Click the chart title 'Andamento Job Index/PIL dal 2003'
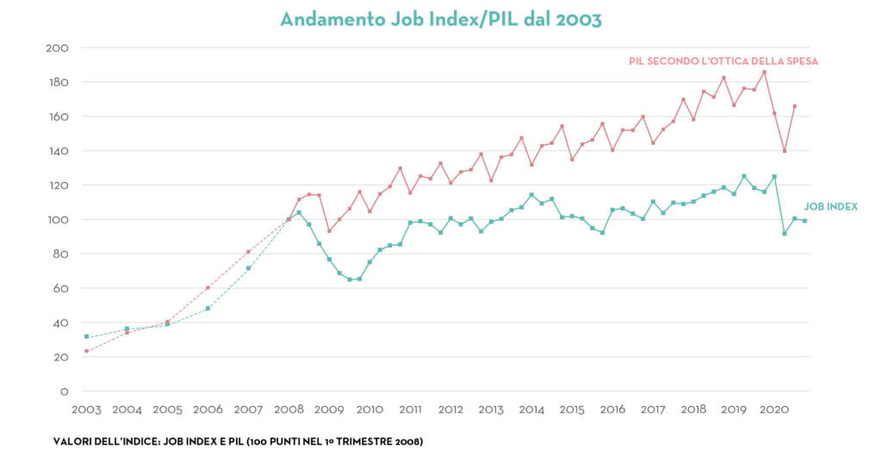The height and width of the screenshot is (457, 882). click(440, 18)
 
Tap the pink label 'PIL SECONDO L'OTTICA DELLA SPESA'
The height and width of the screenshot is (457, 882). click(723, 61)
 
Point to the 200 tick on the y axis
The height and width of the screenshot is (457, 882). click(57, 47)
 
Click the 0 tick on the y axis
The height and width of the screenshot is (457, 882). click(64, 391)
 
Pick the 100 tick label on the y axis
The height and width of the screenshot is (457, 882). click(57, 220)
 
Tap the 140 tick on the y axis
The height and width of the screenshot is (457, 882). click(57, 151)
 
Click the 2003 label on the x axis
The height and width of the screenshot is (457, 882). click(86, 410)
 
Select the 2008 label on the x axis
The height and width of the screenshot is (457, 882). click(289, 410)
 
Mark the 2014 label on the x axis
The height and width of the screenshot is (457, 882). click(531, 410)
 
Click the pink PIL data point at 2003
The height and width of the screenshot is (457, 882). click(86, 351)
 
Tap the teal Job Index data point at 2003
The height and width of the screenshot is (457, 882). click(86, 336)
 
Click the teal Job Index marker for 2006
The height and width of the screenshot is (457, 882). click(208, 308)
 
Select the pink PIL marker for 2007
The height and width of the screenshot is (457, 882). click(248, 252)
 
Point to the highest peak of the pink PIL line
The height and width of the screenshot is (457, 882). click(764, 72)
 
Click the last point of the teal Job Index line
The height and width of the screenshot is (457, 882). click(804, 221)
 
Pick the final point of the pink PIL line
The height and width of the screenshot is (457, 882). click(794, 106)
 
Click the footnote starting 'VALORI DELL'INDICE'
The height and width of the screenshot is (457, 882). click(238, 441)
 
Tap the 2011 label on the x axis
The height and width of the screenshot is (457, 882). click(410, 410)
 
